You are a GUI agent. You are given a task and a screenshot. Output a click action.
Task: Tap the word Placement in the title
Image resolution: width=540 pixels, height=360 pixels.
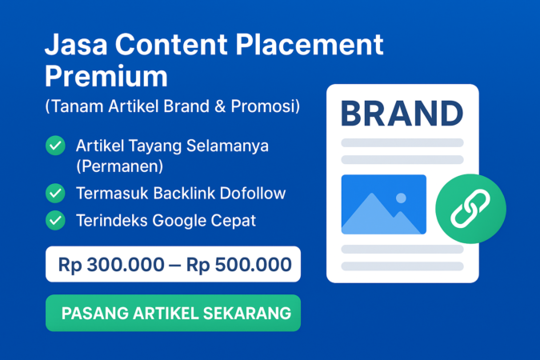[x=316, y=45]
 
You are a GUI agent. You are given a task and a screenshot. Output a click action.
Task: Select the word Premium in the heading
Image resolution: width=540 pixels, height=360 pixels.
[x=106, y=76]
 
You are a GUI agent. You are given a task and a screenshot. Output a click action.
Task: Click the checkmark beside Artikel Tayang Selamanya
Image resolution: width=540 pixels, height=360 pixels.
[x=55, y=146]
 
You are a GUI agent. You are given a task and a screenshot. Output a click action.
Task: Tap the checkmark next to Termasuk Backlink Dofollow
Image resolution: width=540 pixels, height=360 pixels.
[x=55, y=193]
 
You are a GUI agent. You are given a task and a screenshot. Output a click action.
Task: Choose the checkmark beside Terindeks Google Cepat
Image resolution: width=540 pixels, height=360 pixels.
[x=55, y=219]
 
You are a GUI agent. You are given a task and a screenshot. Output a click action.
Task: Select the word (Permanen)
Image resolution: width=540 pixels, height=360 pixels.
[x=119, y=166]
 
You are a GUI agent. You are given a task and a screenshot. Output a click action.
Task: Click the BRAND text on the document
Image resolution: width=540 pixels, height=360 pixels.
[x=402, y=113]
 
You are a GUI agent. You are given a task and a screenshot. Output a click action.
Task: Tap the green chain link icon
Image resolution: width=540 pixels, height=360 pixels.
[x=470, y=209]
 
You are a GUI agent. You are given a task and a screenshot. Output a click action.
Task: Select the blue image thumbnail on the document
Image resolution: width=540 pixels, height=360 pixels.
[x=383, y=204]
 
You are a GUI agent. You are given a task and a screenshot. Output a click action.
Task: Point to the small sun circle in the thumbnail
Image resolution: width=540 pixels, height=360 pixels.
[x=401, y=198]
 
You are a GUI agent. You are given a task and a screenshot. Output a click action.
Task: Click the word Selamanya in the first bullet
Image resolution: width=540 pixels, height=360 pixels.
[x=228, y=146]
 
